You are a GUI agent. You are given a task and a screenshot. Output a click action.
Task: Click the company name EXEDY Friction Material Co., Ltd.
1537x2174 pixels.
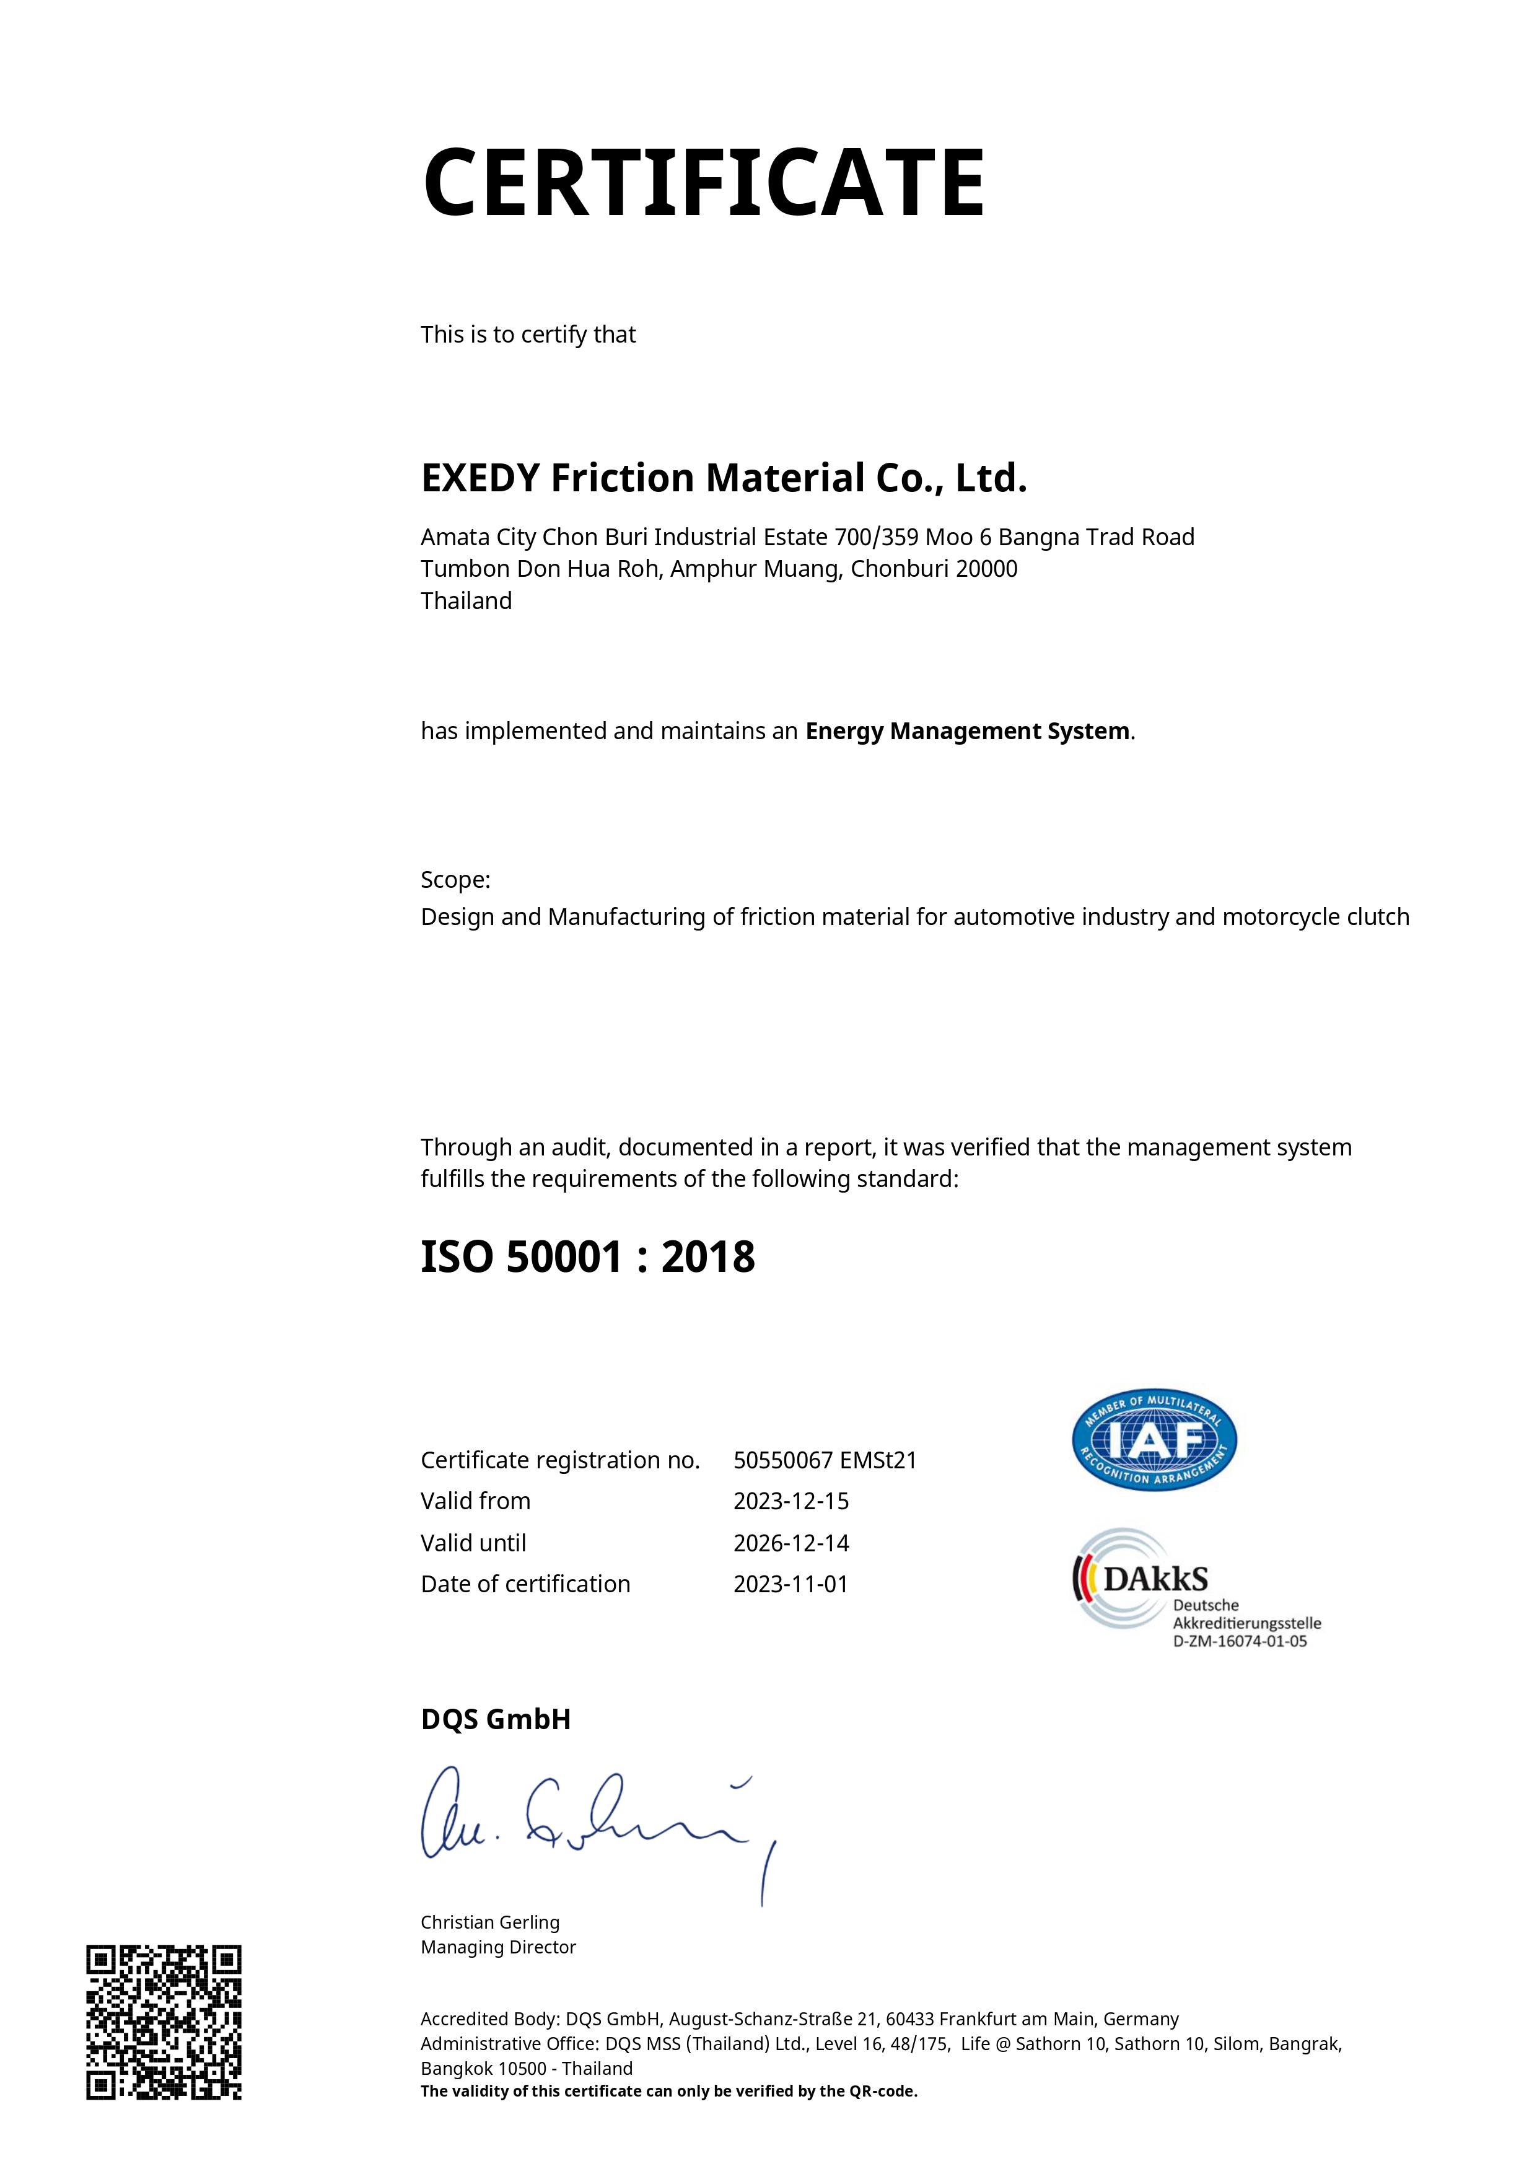click(x=724, y=478)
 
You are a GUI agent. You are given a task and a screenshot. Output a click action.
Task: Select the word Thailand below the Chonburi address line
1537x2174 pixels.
click(x=466, y=601)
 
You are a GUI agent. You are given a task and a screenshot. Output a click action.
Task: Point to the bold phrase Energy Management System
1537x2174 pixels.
click(x=967, y=731)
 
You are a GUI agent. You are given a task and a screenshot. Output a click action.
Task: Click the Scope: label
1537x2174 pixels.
click(x=455, y=880)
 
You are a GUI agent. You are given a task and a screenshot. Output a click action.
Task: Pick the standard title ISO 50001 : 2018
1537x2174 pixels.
click(x=587, y=1258)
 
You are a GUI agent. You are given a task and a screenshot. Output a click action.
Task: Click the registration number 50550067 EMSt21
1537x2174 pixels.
click(x=825, y=1460)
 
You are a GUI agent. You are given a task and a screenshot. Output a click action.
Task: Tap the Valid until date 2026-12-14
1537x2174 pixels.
click(x=790, y=1543)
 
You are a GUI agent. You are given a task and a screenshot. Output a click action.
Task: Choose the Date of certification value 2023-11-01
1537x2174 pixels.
click(x=790, y=1584)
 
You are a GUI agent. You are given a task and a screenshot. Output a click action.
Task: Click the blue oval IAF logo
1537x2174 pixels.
click(x=1154, y=1440)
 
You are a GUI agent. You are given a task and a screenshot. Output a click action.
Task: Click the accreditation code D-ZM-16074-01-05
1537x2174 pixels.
click(x=1240, y=1641)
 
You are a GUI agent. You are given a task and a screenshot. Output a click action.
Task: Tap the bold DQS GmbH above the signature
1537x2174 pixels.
click(x=495, y=1719)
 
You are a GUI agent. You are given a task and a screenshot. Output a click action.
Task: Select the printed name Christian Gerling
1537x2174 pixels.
click(x=489, y=1922)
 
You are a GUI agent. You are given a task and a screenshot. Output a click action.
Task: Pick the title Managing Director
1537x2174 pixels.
click(x=498, y=1947)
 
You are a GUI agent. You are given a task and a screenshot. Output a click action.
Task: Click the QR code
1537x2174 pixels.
click(x=164, y=2022)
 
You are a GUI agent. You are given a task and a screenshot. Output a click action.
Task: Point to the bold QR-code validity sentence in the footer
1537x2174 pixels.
click(x=668, y=2091)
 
